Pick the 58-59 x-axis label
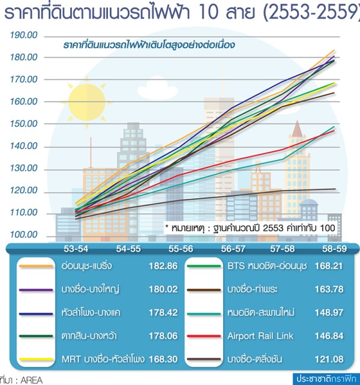334,248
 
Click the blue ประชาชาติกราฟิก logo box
325,379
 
